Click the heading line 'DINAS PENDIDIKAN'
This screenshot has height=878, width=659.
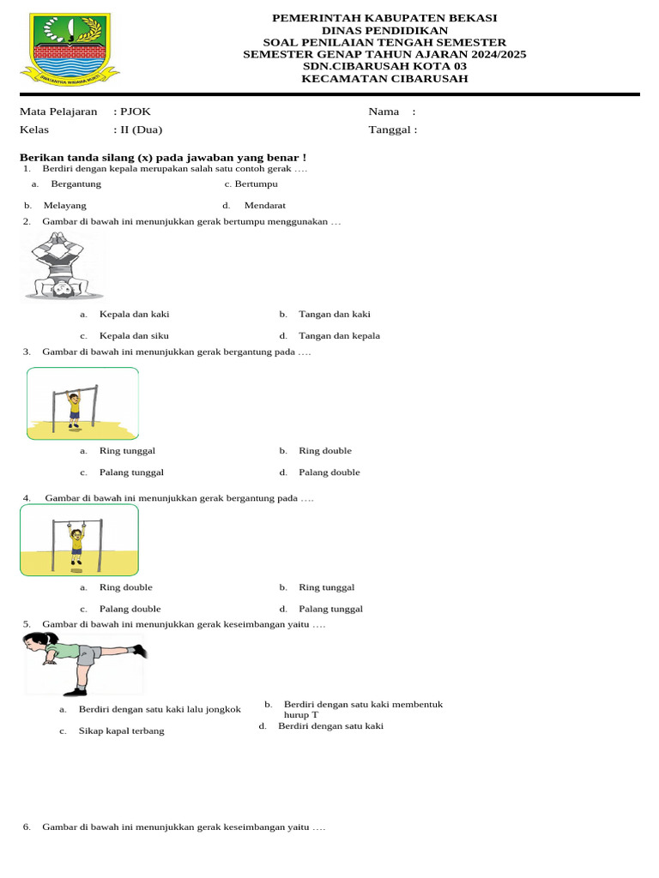tap(384, 30)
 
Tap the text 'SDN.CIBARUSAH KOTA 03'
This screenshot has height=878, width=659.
tap(384, 66)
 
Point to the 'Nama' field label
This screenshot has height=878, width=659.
tap(384, 111)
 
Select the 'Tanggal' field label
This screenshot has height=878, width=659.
tap(391, 130)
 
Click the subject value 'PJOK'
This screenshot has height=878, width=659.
tap(136, 111)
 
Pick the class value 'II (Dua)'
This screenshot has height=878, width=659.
tap(141, 130)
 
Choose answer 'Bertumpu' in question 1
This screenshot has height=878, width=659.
tap(256, 183)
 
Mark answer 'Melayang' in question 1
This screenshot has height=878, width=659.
tap(64, 206)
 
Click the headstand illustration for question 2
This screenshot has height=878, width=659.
tap(63, 267)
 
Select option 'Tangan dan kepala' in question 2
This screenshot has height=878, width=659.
tap(339, 336)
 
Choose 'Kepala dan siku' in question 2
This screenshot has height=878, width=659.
tap(133, 336)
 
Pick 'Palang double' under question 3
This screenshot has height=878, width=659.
tap(329, 472)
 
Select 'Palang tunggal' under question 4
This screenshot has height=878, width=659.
tap(330, 609)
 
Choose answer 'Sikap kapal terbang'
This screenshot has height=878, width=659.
tap(121, 731)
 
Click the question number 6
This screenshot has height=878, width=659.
tap(27, 827)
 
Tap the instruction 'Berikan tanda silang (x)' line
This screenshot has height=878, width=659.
tap(163, 158)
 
